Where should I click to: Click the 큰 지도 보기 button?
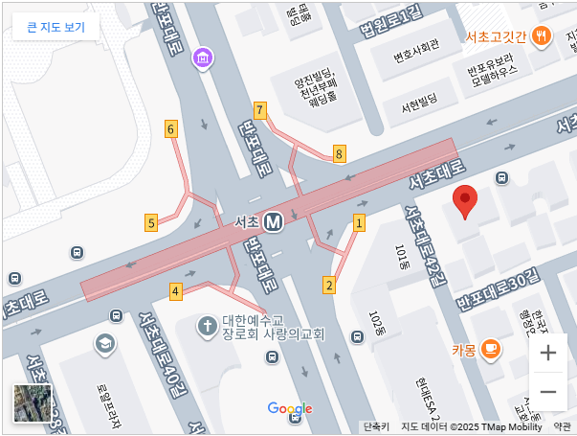tap(55, 27)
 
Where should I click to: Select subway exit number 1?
tap(360, 223)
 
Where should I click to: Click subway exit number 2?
tap(329, 285)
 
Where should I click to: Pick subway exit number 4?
tap(175, 290)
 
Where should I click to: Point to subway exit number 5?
tap(151, 223)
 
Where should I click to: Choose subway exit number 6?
tap(170, 128)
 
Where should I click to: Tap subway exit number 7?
tap(260, 109)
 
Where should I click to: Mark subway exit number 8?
tap(339, 153)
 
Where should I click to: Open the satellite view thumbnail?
tap(33, 403)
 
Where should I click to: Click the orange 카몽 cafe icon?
tap(490, 348)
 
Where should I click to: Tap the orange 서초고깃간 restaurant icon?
tap(542, 36)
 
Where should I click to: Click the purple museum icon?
tap(202, 59)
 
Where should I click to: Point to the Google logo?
tap(290, 409)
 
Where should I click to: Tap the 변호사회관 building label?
tap(416, 43)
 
